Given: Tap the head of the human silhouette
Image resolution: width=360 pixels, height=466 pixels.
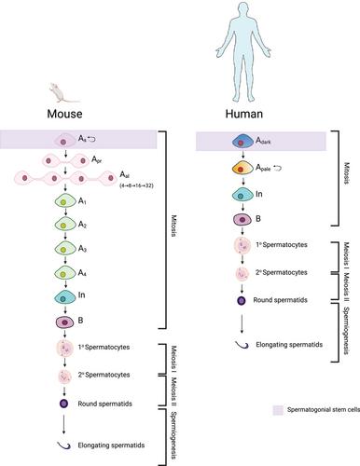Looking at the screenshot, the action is [243, 10].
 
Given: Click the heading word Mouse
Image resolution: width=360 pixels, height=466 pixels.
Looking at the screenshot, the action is [64, 114].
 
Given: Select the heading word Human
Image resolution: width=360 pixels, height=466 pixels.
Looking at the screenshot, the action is [244, 114].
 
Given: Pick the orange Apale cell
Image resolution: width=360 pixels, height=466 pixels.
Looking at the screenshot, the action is [243, 169].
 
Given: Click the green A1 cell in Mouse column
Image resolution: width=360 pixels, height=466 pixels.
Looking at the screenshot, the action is [65, 201].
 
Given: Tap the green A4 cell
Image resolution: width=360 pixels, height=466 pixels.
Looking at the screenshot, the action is [65, 273].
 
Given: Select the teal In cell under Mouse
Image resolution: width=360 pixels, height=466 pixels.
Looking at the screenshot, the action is [65, 297].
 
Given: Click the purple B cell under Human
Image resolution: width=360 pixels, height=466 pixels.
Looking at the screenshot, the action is [242, 219].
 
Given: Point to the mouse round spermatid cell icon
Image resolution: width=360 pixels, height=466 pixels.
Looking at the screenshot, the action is [63, 404].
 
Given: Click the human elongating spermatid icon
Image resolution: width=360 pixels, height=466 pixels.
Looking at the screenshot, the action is [242, 345].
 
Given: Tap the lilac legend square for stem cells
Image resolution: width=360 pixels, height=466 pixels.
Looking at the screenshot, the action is [278, 410].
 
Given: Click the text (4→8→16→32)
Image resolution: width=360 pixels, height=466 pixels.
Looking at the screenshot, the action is [136, 186].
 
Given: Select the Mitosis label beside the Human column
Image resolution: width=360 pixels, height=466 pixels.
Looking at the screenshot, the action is [347, 173].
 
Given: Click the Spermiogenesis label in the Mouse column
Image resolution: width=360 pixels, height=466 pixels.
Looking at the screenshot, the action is [173, 435].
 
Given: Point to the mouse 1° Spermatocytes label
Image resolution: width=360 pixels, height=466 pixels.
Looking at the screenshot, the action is [104, 347].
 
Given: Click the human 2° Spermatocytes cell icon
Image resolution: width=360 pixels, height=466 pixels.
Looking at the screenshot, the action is [242, 273].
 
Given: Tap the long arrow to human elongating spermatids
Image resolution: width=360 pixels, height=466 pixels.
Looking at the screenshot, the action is [242, 323].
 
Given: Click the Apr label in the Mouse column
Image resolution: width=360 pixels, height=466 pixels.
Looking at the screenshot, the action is [96, 159].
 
